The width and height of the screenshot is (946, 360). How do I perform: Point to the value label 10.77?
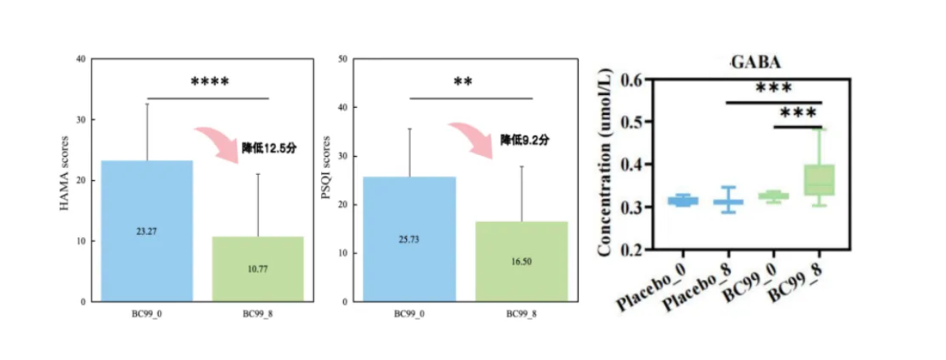point(258,268)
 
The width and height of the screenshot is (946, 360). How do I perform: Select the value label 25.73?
point(409,239)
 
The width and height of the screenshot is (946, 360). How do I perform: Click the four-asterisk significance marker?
point(209,82)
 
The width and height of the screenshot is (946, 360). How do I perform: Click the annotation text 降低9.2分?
point(525,140)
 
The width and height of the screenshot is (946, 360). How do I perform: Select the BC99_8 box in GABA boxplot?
point(819,180)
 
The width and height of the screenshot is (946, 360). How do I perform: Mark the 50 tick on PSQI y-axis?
point(343,58)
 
